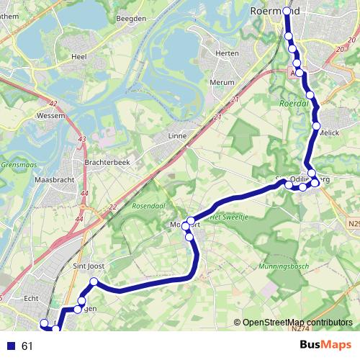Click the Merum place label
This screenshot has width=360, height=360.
coord(221,83)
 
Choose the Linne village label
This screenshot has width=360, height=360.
coord(176,135)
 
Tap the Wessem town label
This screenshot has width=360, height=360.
coord(50,114)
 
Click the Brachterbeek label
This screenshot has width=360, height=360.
coord(107,163)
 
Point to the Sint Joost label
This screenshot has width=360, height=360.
coord(89,266)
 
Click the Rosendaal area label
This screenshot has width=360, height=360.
coord(150,206)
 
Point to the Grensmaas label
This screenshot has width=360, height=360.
coord(19,163)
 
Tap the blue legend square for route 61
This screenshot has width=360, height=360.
coord(11,346)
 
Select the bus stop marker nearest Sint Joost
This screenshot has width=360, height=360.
coord(94,282)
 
